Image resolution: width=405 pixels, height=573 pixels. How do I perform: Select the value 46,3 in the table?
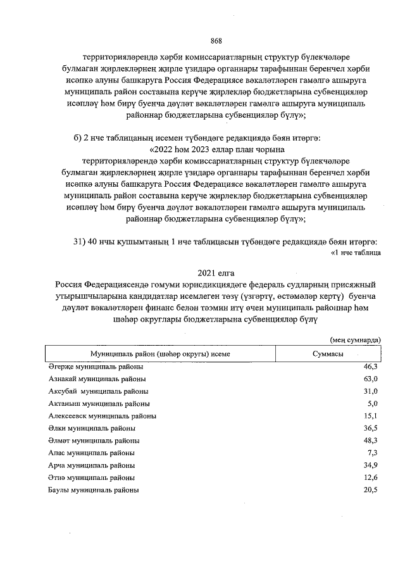370,367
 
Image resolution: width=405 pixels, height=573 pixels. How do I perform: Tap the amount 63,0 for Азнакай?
370,379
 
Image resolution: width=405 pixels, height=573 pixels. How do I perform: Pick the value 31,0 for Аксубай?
370,391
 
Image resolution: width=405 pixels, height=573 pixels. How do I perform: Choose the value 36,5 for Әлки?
370,428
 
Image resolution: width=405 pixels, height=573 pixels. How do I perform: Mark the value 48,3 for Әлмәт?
370,441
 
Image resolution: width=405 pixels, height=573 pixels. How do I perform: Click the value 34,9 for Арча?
370,465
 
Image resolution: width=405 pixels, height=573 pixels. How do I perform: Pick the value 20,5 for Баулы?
370,490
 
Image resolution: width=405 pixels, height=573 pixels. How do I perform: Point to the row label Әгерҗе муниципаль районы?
96,367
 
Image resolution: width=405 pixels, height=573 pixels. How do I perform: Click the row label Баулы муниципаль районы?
94,490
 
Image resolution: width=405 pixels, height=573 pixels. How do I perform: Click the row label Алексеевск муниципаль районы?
103,416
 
